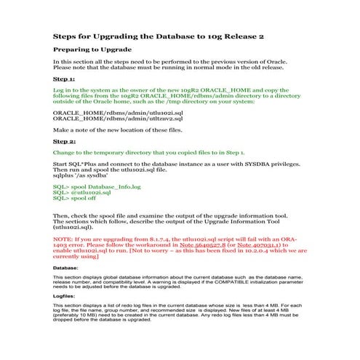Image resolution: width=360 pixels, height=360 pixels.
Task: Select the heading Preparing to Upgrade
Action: [x=92, y=49]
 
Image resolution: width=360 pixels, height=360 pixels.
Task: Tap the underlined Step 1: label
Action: [x=64, y=79]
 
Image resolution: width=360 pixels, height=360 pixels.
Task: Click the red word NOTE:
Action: [x=63, y=239]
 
